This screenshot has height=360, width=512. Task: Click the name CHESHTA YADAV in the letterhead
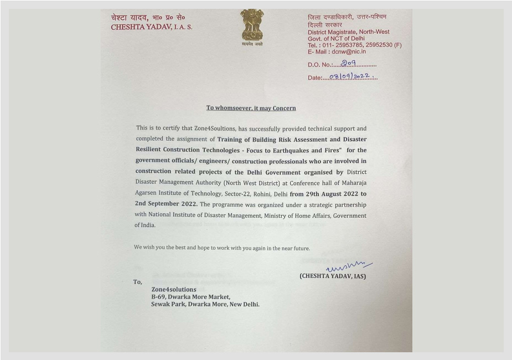click(x=143, y=27)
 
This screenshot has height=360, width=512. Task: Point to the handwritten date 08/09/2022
click(x=349, y=76)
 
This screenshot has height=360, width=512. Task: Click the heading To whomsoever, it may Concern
click(x=251, y=108)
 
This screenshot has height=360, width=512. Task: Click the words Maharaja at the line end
click(x=353, y=182)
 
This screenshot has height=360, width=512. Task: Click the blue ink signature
click(x=349, y=268)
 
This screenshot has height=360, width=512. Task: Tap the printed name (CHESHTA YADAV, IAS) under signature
click(x=333, y=276)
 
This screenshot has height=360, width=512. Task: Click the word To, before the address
click(x=137, y=282)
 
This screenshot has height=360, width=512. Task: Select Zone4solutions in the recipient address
click(x=174, y=289)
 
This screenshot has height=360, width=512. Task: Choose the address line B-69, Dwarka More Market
click(x=191, y=297)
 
